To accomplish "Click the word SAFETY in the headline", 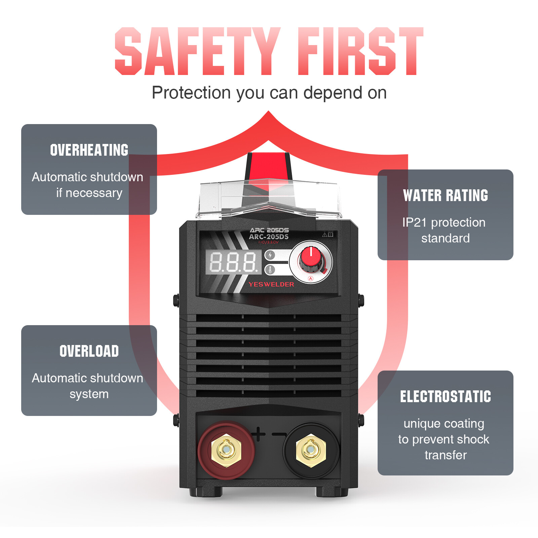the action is coord(198,51).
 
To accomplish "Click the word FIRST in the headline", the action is coord(361,51).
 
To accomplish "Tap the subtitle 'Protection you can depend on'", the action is coord(269,93).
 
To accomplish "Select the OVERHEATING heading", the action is coord(89,150).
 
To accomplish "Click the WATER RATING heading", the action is coord(446,195).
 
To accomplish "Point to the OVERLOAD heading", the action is coord(89,351).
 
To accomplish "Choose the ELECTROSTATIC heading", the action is coord(446,396).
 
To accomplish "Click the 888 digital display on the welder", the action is coord(234,262).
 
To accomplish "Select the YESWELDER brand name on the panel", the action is coord(271,284).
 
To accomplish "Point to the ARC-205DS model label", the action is coord(269,237).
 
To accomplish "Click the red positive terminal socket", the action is coord(226,450).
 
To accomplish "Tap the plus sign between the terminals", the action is coord(258,434).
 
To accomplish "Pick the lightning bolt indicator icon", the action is coord(270,255).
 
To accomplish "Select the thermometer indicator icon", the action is coord(270,270).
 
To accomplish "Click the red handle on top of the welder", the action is coord(269,168).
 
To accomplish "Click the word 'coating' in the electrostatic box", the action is coord(463,424).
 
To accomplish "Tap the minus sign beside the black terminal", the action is coord(279,434).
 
